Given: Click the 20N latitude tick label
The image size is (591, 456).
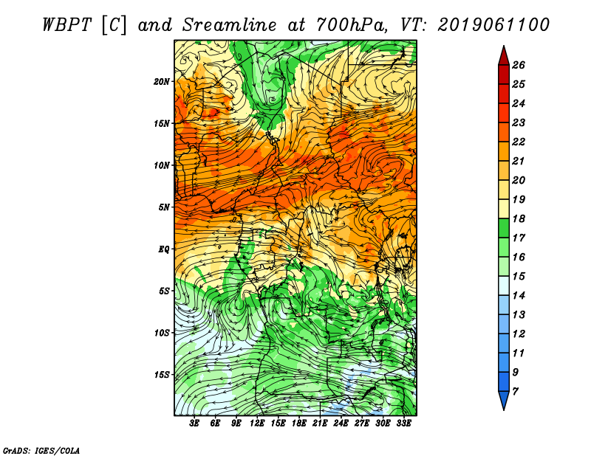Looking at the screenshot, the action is (x=161, y=81).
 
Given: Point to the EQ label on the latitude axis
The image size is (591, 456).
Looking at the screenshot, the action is (x=164, y=249).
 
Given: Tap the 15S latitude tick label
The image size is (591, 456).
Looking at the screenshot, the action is (x=162, y=375).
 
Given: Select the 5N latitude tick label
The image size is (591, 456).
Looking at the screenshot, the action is (x=164, y=207).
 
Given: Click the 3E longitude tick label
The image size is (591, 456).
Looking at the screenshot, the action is (x=194, y=424).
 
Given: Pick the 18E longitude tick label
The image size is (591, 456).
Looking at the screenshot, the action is (x=299, y=424).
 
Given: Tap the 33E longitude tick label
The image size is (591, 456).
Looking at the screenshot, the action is (x=403, y=424).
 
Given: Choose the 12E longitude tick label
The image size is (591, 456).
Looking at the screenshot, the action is (x=257, y=424).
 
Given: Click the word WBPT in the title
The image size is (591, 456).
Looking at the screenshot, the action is (x=66, y=25).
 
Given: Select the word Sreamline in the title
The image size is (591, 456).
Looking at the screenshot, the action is (x=229, y=25).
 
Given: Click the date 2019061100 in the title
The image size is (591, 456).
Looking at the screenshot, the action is (x=493, y=25).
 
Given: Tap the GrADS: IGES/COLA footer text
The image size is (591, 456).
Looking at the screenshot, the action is (x=41, y=450).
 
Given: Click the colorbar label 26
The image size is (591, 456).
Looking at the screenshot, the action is (x=519, y=65).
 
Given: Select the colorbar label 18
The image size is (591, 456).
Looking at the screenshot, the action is (x=519, y=218).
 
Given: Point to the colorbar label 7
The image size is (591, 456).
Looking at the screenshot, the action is (x=515, y=392).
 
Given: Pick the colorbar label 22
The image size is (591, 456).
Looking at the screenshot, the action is (x=519, y=142).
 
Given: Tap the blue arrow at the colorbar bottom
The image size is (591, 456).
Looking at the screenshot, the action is (x=504, y=400).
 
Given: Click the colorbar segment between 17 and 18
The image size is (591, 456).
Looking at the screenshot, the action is (x=504, y=228).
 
